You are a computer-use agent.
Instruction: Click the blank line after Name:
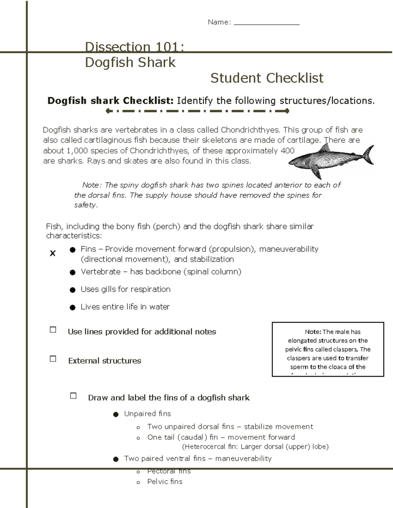tap(267, 23)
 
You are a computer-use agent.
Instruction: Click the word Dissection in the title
tap(117, 47)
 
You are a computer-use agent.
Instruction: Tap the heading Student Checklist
tap(267, 78)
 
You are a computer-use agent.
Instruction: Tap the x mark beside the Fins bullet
tap(52, 253)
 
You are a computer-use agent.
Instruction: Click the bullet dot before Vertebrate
tap(73, 272)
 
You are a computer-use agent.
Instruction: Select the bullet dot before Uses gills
tap(73, 290)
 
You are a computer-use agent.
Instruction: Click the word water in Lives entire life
tap(159, 307)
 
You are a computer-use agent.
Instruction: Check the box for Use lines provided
tap(53, 330)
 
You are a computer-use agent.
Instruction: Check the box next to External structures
tap(53, 359)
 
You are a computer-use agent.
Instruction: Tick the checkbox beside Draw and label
tap(73, 396)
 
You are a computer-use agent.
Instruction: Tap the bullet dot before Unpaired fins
tap(116, 414)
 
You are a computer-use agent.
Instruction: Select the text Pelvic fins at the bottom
tap(165, 482)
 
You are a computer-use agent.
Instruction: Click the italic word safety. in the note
tap(86, 205)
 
